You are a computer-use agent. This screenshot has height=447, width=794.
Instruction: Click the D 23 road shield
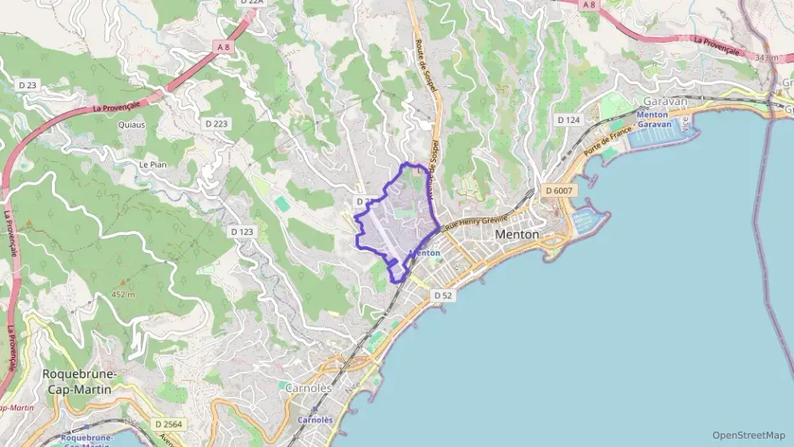28,85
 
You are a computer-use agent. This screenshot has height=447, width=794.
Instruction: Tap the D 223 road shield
216,124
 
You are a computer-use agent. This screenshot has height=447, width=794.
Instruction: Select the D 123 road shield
242,232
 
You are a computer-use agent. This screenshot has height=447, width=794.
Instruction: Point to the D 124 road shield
568,120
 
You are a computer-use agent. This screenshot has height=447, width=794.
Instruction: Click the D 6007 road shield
560,191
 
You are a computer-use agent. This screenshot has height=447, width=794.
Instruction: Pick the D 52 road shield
442,295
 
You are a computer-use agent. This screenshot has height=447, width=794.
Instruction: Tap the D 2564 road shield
170,423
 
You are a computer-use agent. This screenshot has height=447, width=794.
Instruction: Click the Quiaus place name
131,125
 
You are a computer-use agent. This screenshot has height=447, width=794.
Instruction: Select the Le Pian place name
151,164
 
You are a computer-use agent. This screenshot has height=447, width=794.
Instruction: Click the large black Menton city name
516,234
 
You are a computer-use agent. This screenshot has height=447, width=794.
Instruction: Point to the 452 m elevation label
123,294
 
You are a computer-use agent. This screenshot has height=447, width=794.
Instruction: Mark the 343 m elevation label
765,58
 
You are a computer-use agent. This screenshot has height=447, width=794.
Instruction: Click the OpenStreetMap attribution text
748,435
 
